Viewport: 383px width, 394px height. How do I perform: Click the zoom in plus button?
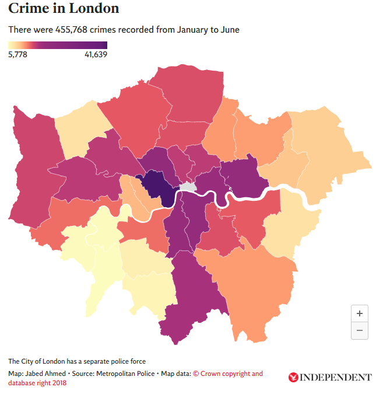pos(360,313)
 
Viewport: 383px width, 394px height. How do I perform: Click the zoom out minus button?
pos(360,330)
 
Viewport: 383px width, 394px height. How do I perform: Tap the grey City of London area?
pos(188,187)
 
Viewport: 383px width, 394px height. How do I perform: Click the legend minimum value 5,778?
pos(17,54)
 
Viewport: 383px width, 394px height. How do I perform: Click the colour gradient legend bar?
pos(57,45)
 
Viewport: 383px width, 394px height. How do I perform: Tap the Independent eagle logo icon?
pos(293,377)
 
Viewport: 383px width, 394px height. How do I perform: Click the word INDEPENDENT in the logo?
pos(335,377)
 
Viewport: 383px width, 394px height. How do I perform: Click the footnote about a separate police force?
pos(77,361)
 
